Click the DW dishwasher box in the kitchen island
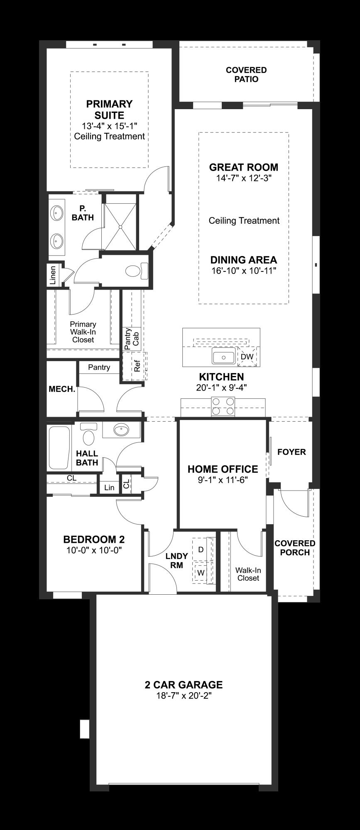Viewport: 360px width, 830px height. coord(247,356)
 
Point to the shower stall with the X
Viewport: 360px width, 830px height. coord(120,227)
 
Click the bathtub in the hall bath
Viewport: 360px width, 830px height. coord(59,448)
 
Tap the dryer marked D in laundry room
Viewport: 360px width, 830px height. coord(201,549)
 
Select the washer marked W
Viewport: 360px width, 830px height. coord(201,573)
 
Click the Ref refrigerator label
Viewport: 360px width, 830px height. coord(137,366)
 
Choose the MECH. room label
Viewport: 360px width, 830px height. coord(62,389)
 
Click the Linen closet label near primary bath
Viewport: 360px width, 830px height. coord(53,275)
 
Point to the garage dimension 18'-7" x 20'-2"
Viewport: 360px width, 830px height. coord(184,696)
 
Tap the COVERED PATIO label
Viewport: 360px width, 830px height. coord(246,75)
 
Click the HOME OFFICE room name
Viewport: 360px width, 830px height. coord(223,469)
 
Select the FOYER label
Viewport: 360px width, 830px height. coord(291,452)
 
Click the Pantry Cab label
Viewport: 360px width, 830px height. coord(132,337)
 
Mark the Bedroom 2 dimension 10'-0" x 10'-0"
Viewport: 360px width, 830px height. coord(94,550)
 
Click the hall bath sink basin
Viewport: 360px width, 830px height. coord(121,430)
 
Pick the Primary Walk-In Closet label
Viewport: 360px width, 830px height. coord(83,332)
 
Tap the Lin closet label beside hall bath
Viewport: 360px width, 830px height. coord(109,488)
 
